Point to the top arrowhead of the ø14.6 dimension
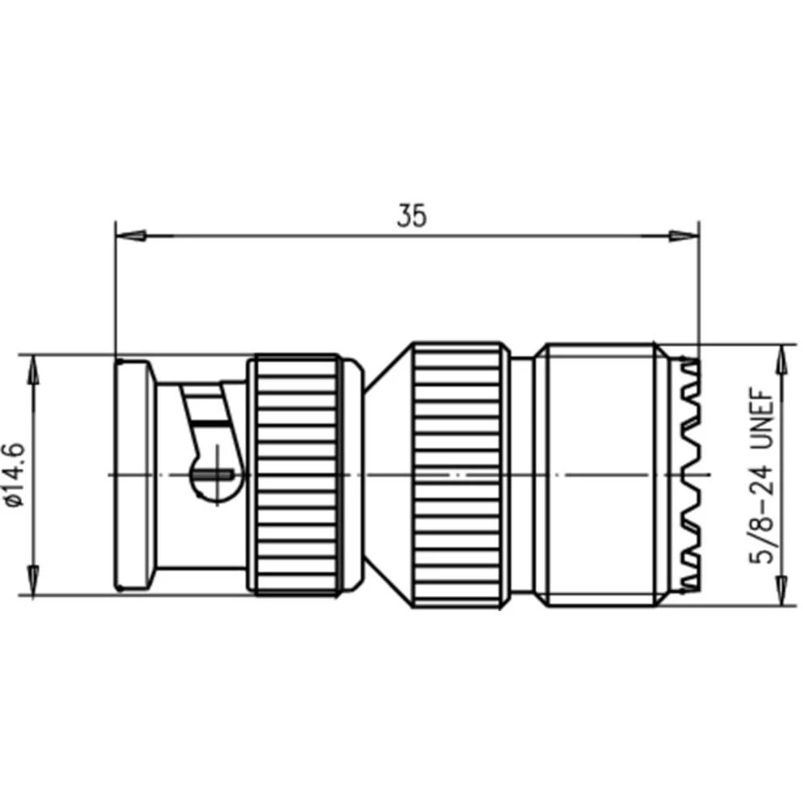33,369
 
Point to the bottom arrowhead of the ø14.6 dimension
33,580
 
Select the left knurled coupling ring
292,475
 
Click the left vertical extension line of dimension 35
115,289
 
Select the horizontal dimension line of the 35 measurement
321,236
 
